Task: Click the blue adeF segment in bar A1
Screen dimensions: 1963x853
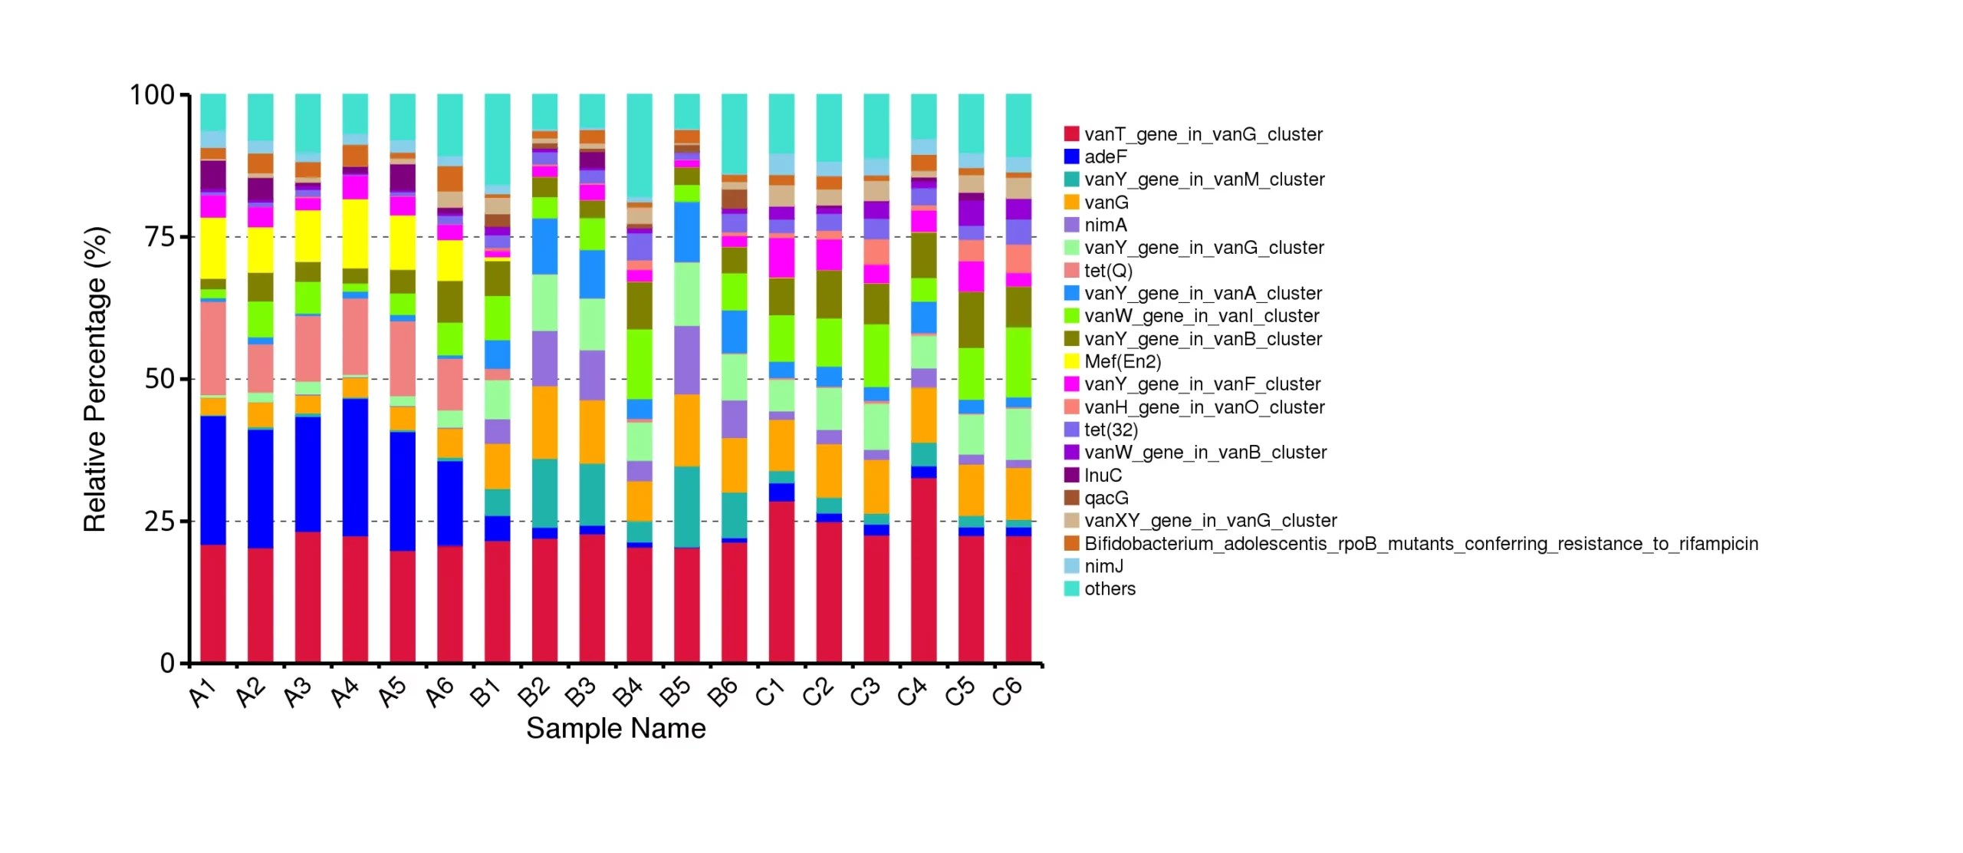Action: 213,480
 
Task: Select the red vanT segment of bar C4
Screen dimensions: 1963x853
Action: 923,571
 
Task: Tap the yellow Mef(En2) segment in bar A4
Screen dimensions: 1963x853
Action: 355,234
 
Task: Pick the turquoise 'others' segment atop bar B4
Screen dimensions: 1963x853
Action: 640,147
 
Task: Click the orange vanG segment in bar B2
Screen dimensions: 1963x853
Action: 544,423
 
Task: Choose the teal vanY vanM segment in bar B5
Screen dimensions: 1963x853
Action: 687,507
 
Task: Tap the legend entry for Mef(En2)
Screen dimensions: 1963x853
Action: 1113,361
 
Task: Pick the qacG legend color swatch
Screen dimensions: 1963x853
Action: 1071,498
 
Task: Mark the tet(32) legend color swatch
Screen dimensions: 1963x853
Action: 1071,430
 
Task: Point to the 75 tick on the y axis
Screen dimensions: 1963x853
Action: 184,237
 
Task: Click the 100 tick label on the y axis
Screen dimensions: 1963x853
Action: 153,95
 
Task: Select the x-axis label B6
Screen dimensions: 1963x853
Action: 723,692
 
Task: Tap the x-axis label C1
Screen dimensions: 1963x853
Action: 771,692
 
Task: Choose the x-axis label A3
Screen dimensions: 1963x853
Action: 298,692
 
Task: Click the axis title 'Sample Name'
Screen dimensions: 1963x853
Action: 616,728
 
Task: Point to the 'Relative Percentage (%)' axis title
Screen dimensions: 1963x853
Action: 96,379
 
